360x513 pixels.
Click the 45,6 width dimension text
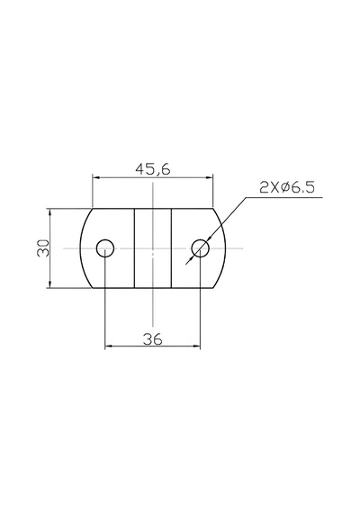click(153, 169)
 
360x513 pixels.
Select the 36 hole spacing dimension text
click(152, 339)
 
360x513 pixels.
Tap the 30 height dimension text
click(43, 248)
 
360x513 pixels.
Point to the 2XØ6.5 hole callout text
click(287, 188)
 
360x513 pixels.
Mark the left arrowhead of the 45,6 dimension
click(96, 177)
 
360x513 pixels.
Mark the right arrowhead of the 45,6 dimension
click(210, 177)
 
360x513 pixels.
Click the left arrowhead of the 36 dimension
click(109, 346)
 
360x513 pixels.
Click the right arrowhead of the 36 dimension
click(196, 346)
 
